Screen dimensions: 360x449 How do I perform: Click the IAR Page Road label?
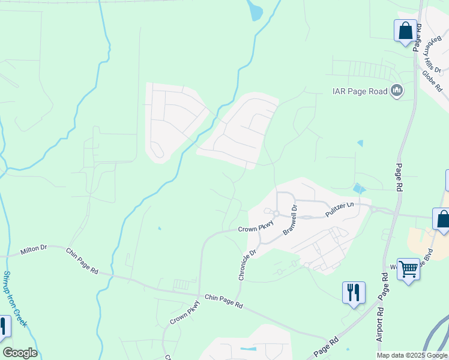tap(360, 91)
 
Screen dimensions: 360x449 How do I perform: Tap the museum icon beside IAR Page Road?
tap(396, 91)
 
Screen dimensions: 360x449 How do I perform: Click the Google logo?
tap(20, 353)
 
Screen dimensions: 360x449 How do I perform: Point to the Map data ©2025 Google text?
tap(412, 355)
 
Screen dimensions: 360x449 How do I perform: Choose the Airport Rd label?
tap(380, 324)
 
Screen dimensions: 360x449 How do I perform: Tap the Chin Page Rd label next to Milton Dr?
tap(82, 260)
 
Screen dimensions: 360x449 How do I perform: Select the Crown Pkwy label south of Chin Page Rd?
tap(184, 316)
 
